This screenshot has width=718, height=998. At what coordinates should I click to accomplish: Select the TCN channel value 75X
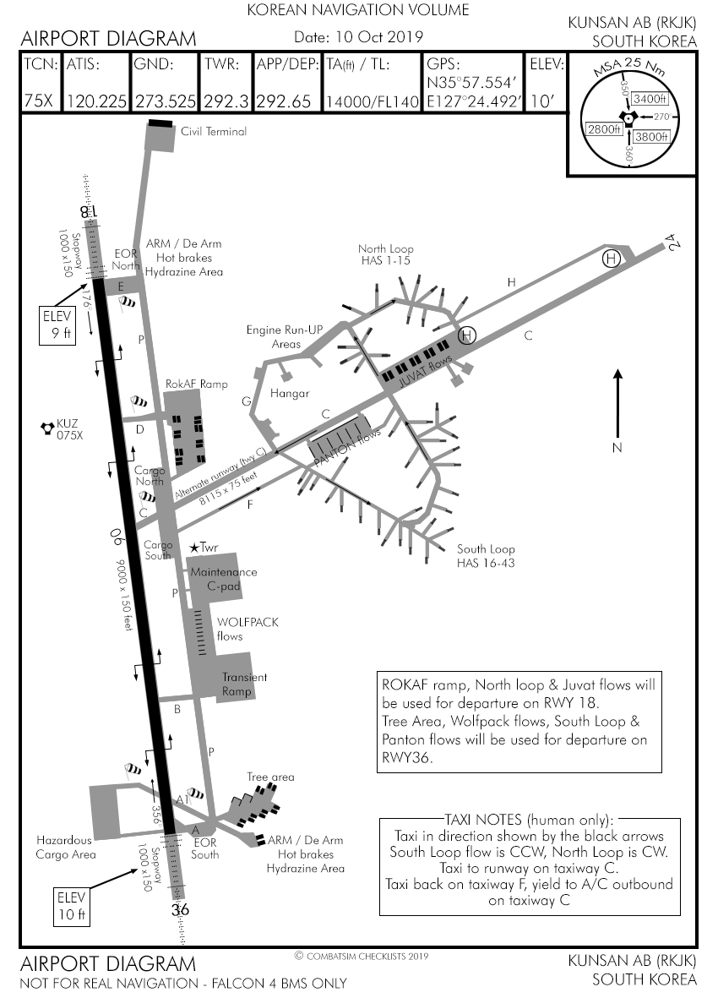tap(39, 101)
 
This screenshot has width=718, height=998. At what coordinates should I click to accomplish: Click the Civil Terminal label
tap(214, 131)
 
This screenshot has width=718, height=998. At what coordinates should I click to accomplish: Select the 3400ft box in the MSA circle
tap(650, 100)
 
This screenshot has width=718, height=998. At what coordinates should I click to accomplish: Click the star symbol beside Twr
tap(193, 548)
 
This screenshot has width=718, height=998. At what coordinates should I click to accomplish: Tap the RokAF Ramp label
tap(197, 384)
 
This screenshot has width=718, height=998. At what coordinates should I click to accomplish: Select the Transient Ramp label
tap(244, 683)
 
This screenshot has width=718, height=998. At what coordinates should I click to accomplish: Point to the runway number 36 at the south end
tap(179, 910)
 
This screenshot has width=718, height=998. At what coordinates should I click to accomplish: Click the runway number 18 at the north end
tap(90, 212)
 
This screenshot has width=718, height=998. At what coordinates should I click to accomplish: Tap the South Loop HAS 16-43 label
tap(485, 555)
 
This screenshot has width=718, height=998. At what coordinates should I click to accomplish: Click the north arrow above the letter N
tap(617, 401)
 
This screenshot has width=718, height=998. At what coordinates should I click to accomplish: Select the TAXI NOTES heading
tap(531, 820)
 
